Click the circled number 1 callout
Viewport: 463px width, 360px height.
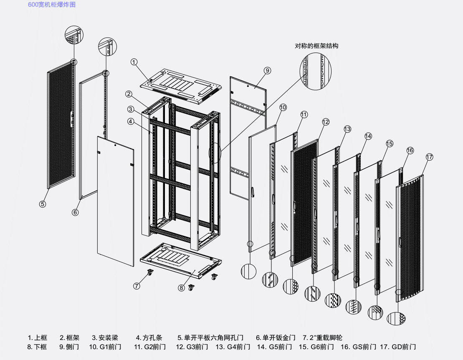(134, 62)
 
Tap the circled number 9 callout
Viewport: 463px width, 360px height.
(268, 70)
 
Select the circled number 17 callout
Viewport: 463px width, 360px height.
(430, 157)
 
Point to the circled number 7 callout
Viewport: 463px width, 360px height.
(137, 286)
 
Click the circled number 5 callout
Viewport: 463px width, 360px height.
(43, 204)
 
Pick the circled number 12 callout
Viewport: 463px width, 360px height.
(326, 122)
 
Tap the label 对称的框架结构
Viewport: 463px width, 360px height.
(316, 46)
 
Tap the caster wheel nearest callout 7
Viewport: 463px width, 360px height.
(149, 273)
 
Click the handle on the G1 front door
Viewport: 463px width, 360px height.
(253, 191)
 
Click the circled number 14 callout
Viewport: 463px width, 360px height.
(368, 136)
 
